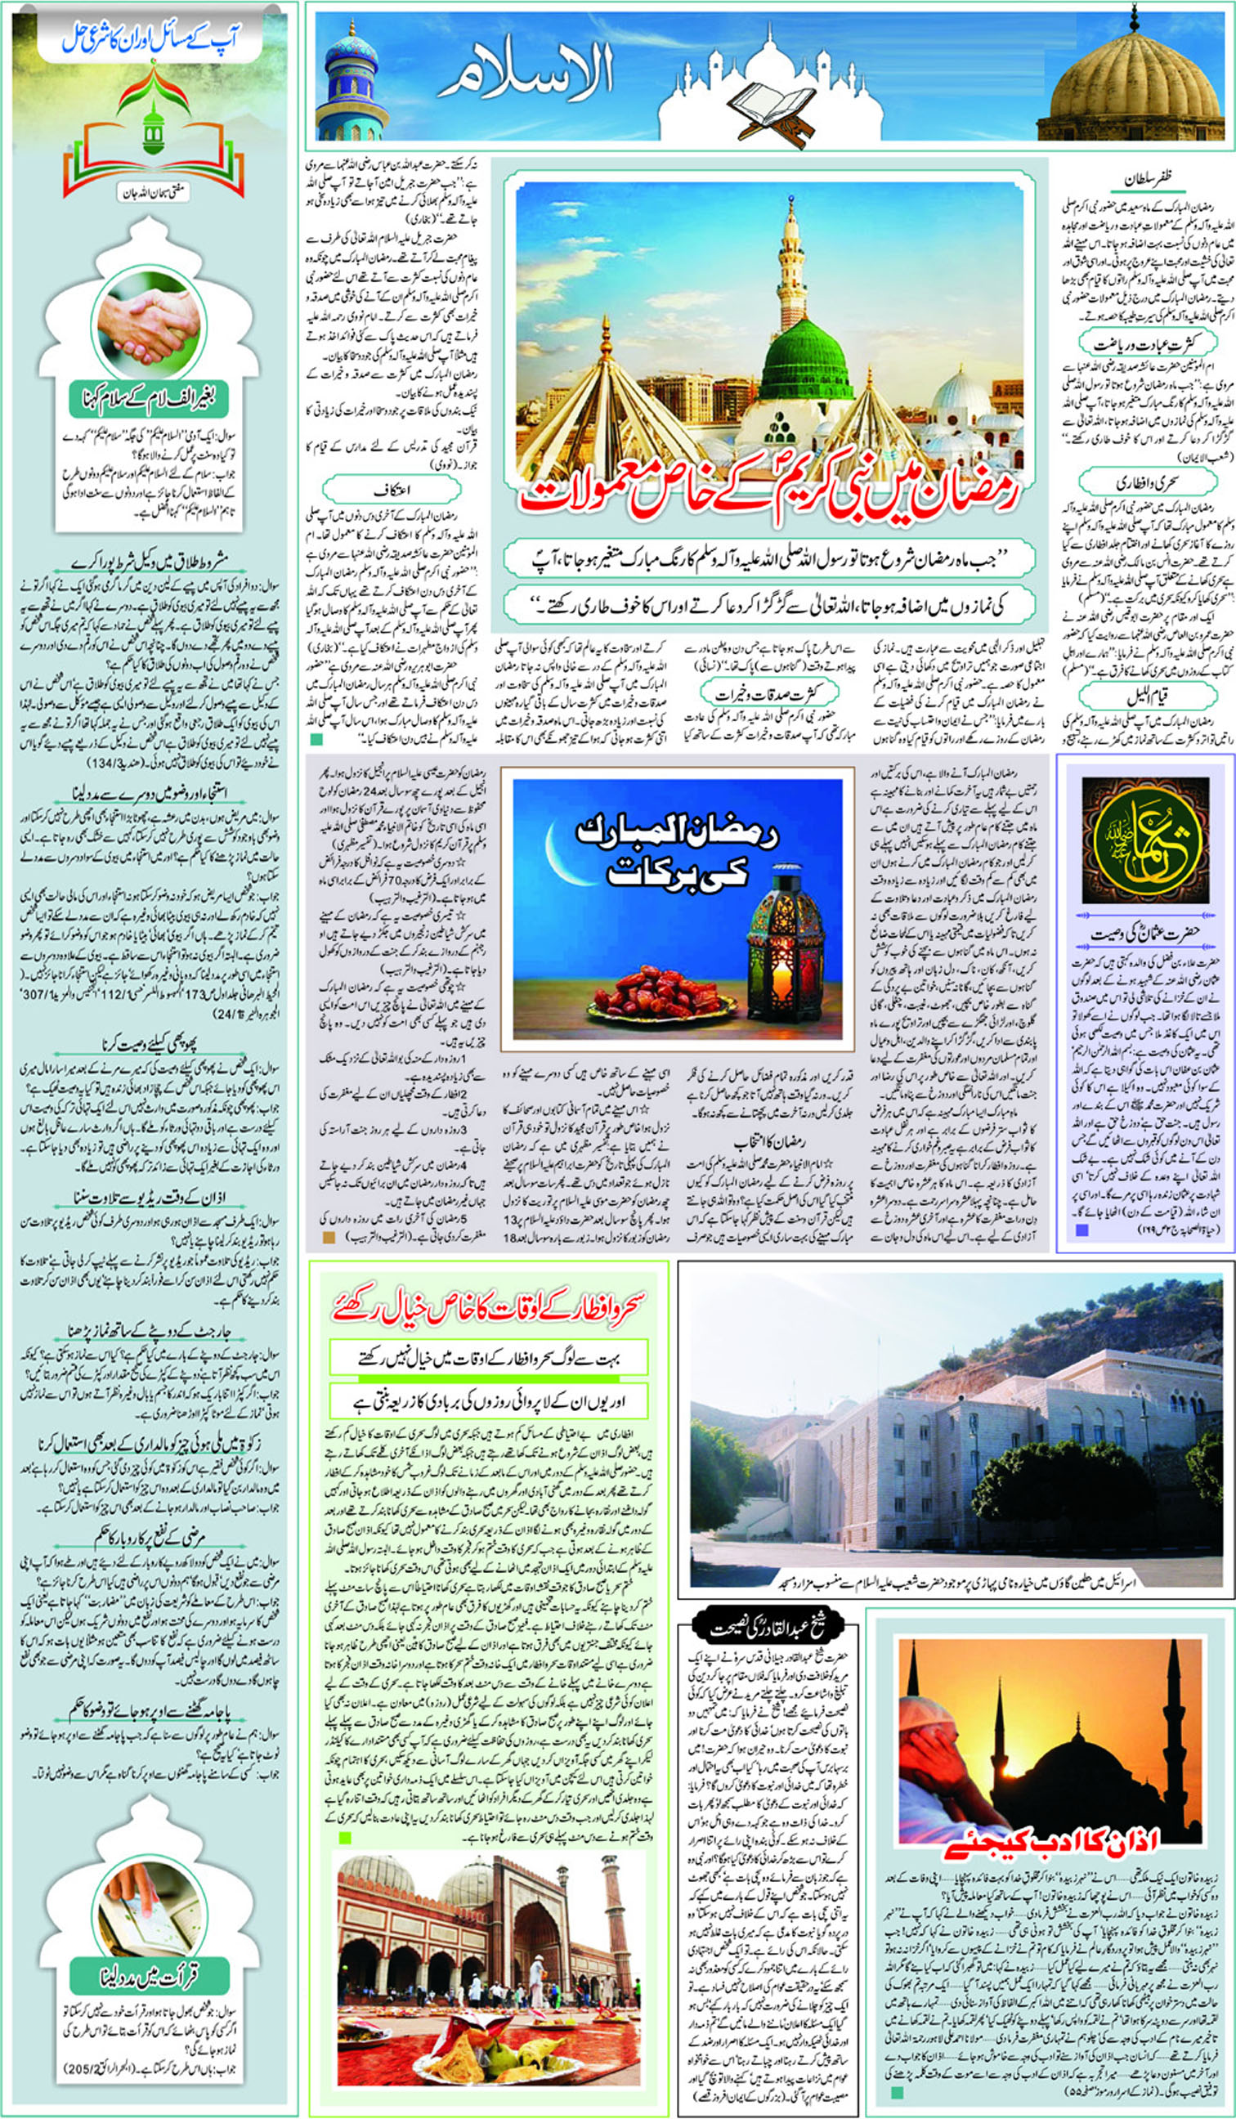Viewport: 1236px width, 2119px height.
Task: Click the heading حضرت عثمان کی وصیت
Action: point(1144,934)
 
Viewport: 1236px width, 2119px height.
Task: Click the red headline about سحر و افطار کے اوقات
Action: point(489,1306)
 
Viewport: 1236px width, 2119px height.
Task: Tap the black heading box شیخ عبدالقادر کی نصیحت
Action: point(768,1628)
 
